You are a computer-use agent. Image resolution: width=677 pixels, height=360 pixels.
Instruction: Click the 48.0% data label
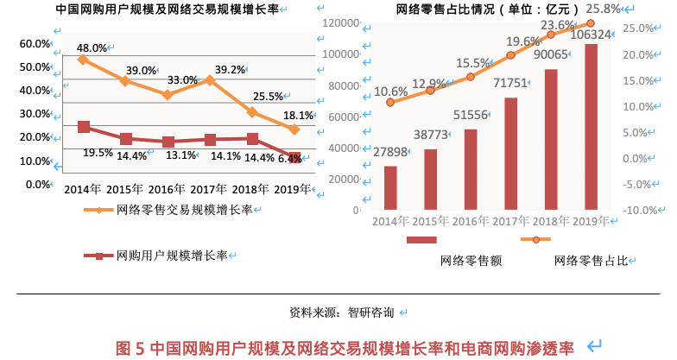(x=92, y=48)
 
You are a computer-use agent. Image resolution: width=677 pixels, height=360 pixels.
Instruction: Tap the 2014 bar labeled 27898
(x=390, y=187)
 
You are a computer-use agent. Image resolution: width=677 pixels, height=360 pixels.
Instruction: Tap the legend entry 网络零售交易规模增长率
(x=183, y=210)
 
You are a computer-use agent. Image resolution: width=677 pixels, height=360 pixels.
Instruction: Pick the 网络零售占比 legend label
(x=590, y=260)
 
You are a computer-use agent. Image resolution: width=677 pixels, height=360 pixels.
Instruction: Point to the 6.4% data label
(x=290, y=158)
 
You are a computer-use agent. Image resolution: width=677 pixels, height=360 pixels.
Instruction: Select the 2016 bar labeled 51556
(x=471, y=169)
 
